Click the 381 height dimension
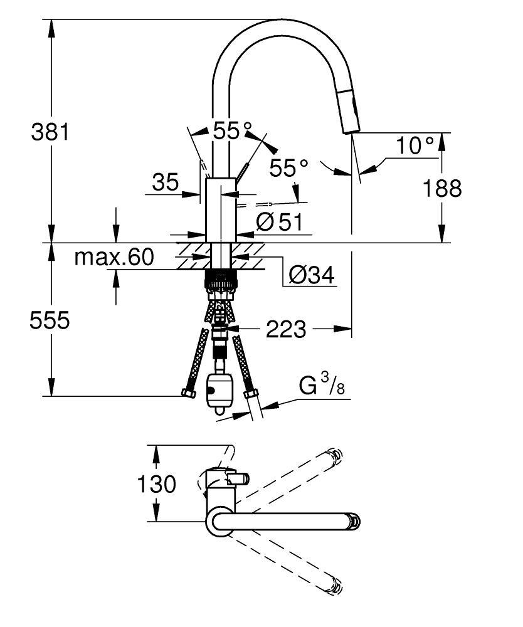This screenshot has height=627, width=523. (x=48, y=132)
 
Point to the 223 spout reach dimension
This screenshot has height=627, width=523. (x=286, y=329)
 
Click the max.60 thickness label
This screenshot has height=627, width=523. (x=114, y=256)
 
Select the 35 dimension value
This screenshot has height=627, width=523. (x=166, y=182)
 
